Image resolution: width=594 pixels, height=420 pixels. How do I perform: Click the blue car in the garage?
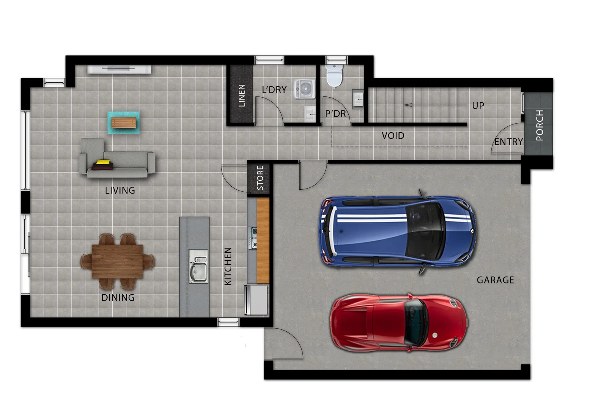(397, 231)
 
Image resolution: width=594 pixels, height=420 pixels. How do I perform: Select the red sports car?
(398, 323)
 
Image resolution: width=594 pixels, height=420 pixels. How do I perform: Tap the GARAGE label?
(495, 280)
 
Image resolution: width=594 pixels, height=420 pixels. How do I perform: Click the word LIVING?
(120, 191)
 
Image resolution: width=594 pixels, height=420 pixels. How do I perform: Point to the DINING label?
(118, 298)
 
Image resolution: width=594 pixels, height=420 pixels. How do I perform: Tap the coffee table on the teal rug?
(124, 123)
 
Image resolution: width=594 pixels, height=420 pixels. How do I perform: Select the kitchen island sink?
(198, 266)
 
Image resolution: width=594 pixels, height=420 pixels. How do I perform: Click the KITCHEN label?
(228, 266)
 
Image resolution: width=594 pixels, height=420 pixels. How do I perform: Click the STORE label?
(260, 178)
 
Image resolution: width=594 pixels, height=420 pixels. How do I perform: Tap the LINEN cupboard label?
(242, 95)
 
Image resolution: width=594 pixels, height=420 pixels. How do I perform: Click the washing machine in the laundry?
(304, 89)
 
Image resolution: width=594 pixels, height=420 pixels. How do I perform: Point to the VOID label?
(393, 136)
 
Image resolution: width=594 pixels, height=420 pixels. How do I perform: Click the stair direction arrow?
(408, 105)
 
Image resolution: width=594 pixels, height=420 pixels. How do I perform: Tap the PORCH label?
(539, 125)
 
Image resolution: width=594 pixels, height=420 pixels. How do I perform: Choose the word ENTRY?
(508, 142)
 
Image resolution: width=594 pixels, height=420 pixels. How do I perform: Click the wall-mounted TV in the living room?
(119, 69)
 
